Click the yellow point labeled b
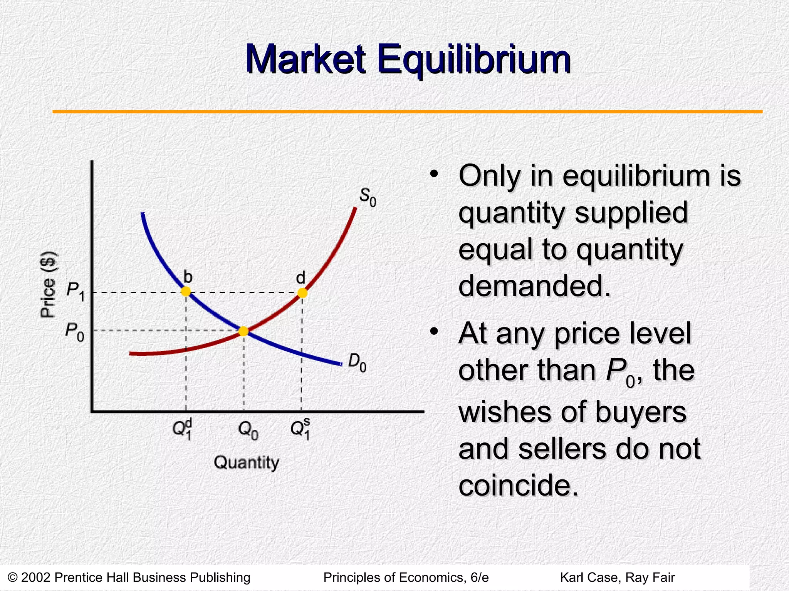click(x=186, y=291)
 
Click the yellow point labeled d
click(x=302, y=293)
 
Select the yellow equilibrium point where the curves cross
click(x=243, y=331)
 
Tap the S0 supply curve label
click(x=367, y=197)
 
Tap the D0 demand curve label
click(x=357, y=362)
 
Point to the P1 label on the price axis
click(x=75, y=289)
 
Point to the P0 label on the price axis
click(x=74, y=332)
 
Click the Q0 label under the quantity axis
click(x=248, y=430)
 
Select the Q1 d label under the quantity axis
click(x=183, y=429)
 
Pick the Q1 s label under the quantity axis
click(x=300, y=429)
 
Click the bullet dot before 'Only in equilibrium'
click(x=434, y=175)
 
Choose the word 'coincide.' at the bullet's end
click(x=519, y=485)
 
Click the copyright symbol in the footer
click(x=12, y=578)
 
